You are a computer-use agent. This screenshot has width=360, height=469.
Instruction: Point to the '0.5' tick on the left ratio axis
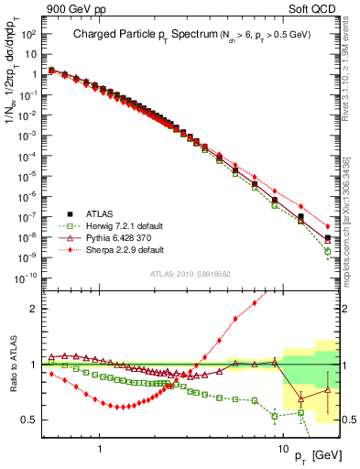click(x=30, y=420)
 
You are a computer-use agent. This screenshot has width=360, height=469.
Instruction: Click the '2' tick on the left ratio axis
click(x=34, y=309)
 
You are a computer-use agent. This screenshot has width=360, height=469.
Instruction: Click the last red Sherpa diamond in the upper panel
click(x=328, y=226)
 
